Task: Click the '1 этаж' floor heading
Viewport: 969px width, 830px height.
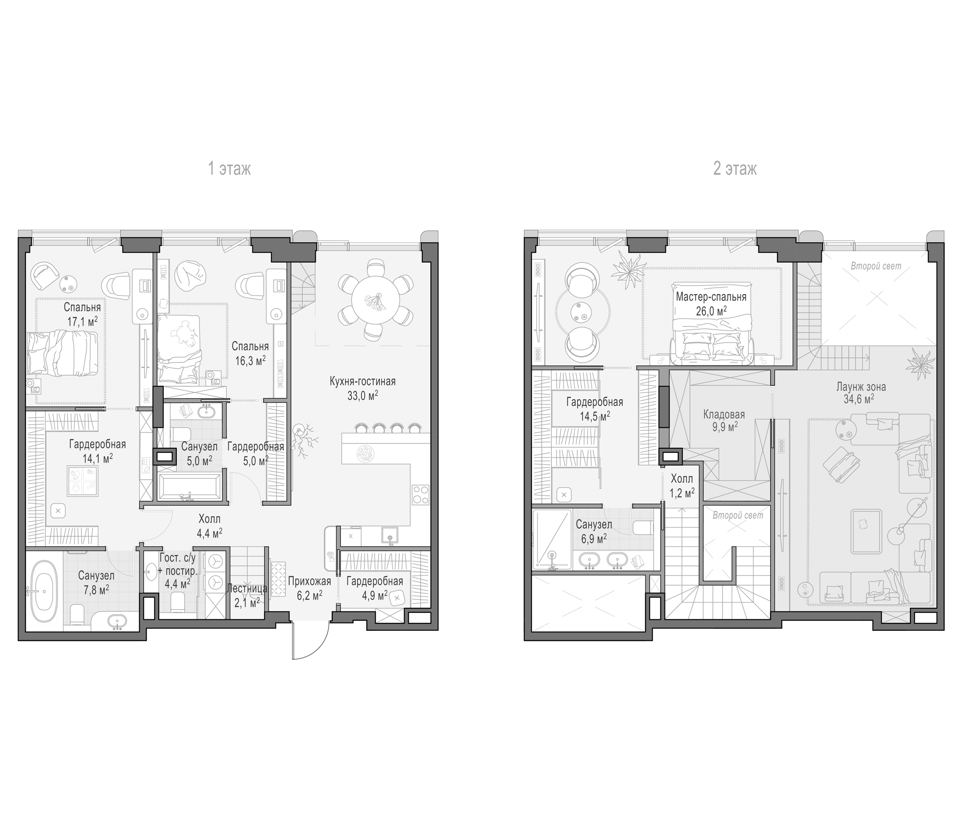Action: pyautogui.click(x=229, y=169)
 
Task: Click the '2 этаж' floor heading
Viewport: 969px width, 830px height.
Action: pyautogui.click(x=735, y=169)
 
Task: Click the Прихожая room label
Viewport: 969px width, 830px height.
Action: pyautogui.click(x=309, y=581)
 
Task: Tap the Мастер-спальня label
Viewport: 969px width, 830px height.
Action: pyautogui.click(x=711, y=297)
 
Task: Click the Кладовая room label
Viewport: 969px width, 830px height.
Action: pyautogui.click(x=724, y=415)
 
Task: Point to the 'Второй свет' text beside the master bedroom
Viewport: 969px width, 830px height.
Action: pyautogui.click(x=875, y=267)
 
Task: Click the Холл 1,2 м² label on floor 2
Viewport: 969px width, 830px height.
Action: pyautogui.click(x=682, y=485)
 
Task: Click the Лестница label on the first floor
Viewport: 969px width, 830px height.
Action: pyautogui.click(x=246, y=588)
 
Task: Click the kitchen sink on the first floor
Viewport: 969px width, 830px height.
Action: pyautogui.click(x=390, y=535)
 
